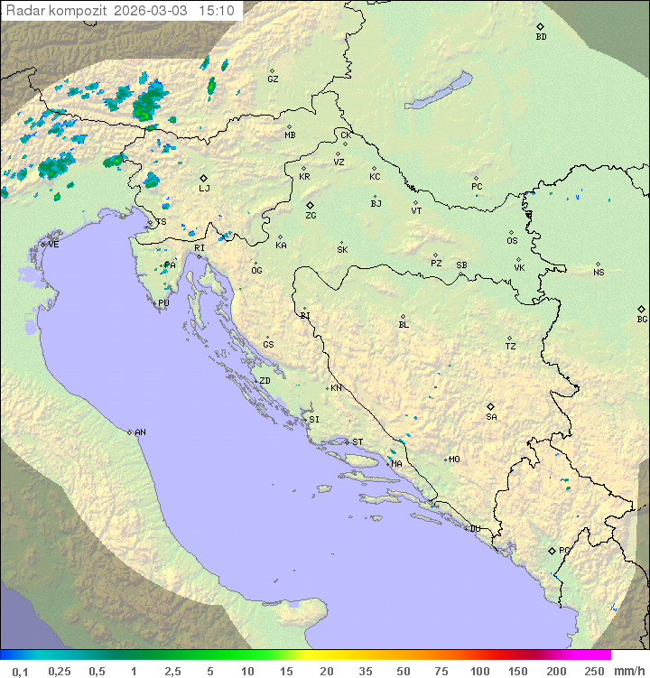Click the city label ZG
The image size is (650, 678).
(x=311, y=216)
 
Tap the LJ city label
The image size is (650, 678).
(x=204, y=189)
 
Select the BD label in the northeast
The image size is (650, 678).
(x=541, y=37)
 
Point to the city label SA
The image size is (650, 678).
(x=491, y=417)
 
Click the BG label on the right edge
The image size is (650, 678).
(x=642, y=320)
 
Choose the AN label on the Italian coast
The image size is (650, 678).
(x=140, y=432)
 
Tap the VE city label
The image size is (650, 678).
(x=53, y=245)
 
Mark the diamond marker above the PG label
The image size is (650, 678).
(x=552, y=550)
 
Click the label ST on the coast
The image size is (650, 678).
(x=357, y=442)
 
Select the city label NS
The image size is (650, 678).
(x=599, y=273)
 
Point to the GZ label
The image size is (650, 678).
(x=273, y=79)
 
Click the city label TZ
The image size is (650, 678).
(x=511, y=347)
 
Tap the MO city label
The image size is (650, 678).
(x=454, y=460)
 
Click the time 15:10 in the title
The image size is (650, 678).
(x=217, y=11)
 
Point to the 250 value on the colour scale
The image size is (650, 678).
(x=594, y=671)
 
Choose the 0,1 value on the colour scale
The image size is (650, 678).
(x=21, y=671)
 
